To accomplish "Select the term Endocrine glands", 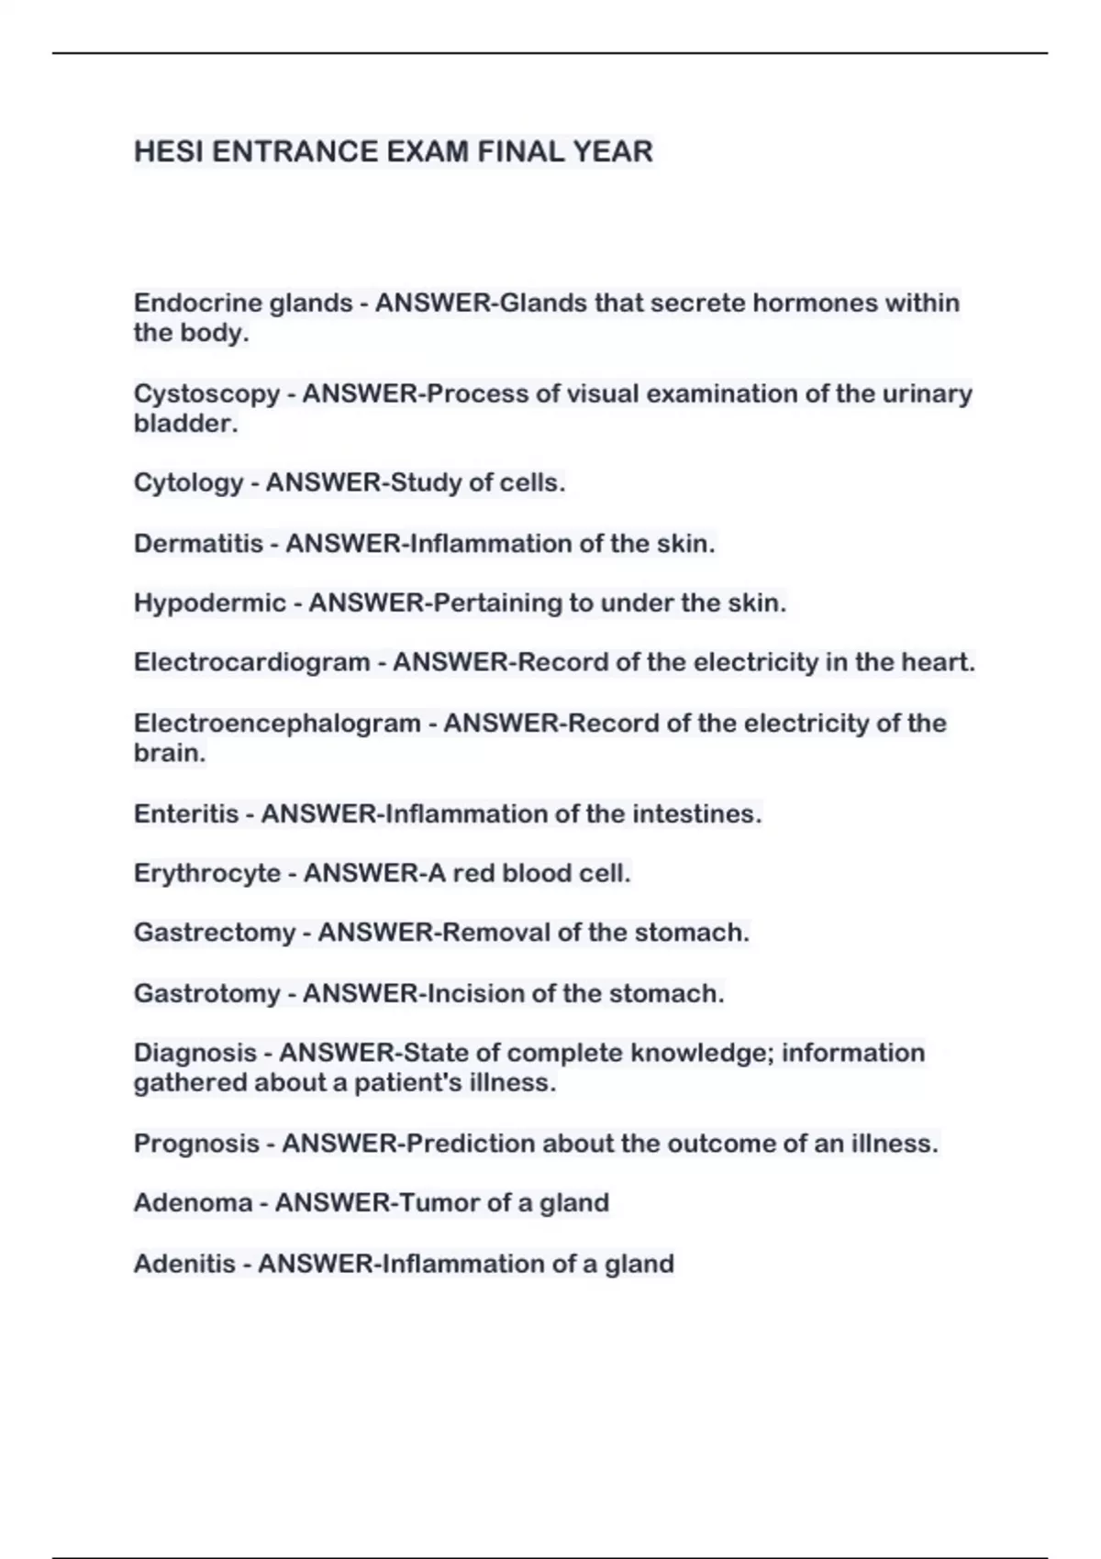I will (243, 303).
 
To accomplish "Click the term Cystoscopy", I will (206, 394).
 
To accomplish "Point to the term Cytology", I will (188, 482).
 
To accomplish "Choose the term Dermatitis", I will (198, 544).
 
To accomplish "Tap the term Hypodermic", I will (209, 603).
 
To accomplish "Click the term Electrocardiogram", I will (251, 662).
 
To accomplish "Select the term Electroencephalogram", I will (277, 724).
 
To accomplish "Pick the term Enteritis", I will (185, 814).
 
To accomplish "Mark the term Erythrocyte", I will (207, 873).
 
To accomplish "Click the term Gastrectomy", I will (215, 933).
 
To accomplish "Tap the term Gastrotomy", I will (207, 993).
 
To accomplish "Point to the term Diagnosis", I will (195, 1053).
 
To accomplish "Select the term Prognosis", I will (196, 1144).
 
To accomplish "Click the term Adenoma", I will (193, 1203).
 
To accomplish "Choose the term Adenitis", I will (184, 1264).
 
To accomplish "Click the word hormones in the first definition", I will (815, 303).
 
